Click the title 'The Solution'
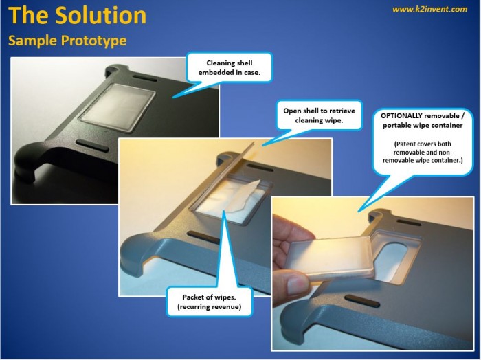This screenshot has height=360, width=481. click(77, 15)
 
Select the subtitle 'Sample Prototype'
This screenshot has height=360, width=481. click(67, 41)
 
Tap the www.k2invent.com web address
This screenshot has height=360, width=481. click(429, 9)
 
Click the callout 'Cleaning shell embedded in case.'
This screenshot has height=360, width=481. click(229, 67)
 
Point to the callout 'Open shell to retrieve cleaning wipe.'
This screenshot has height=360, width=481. click(319, 115)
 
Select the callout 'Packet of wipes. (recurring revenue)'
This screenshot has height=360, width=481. click(209, 302)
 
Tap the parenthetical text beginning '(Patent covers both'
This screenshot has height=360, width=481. click(423, 152)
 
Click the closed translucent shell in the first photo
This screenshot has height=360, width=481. click(118, 106)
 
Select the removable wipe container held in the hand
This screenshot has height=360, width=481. click(332, 258)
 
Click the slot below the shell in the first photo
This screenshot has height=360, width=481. click(92, 146)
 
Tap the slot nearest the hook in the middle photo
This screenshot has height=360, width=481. click(203, 238)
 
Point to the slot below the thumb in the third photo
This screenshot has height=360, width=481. click(362, 302)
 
